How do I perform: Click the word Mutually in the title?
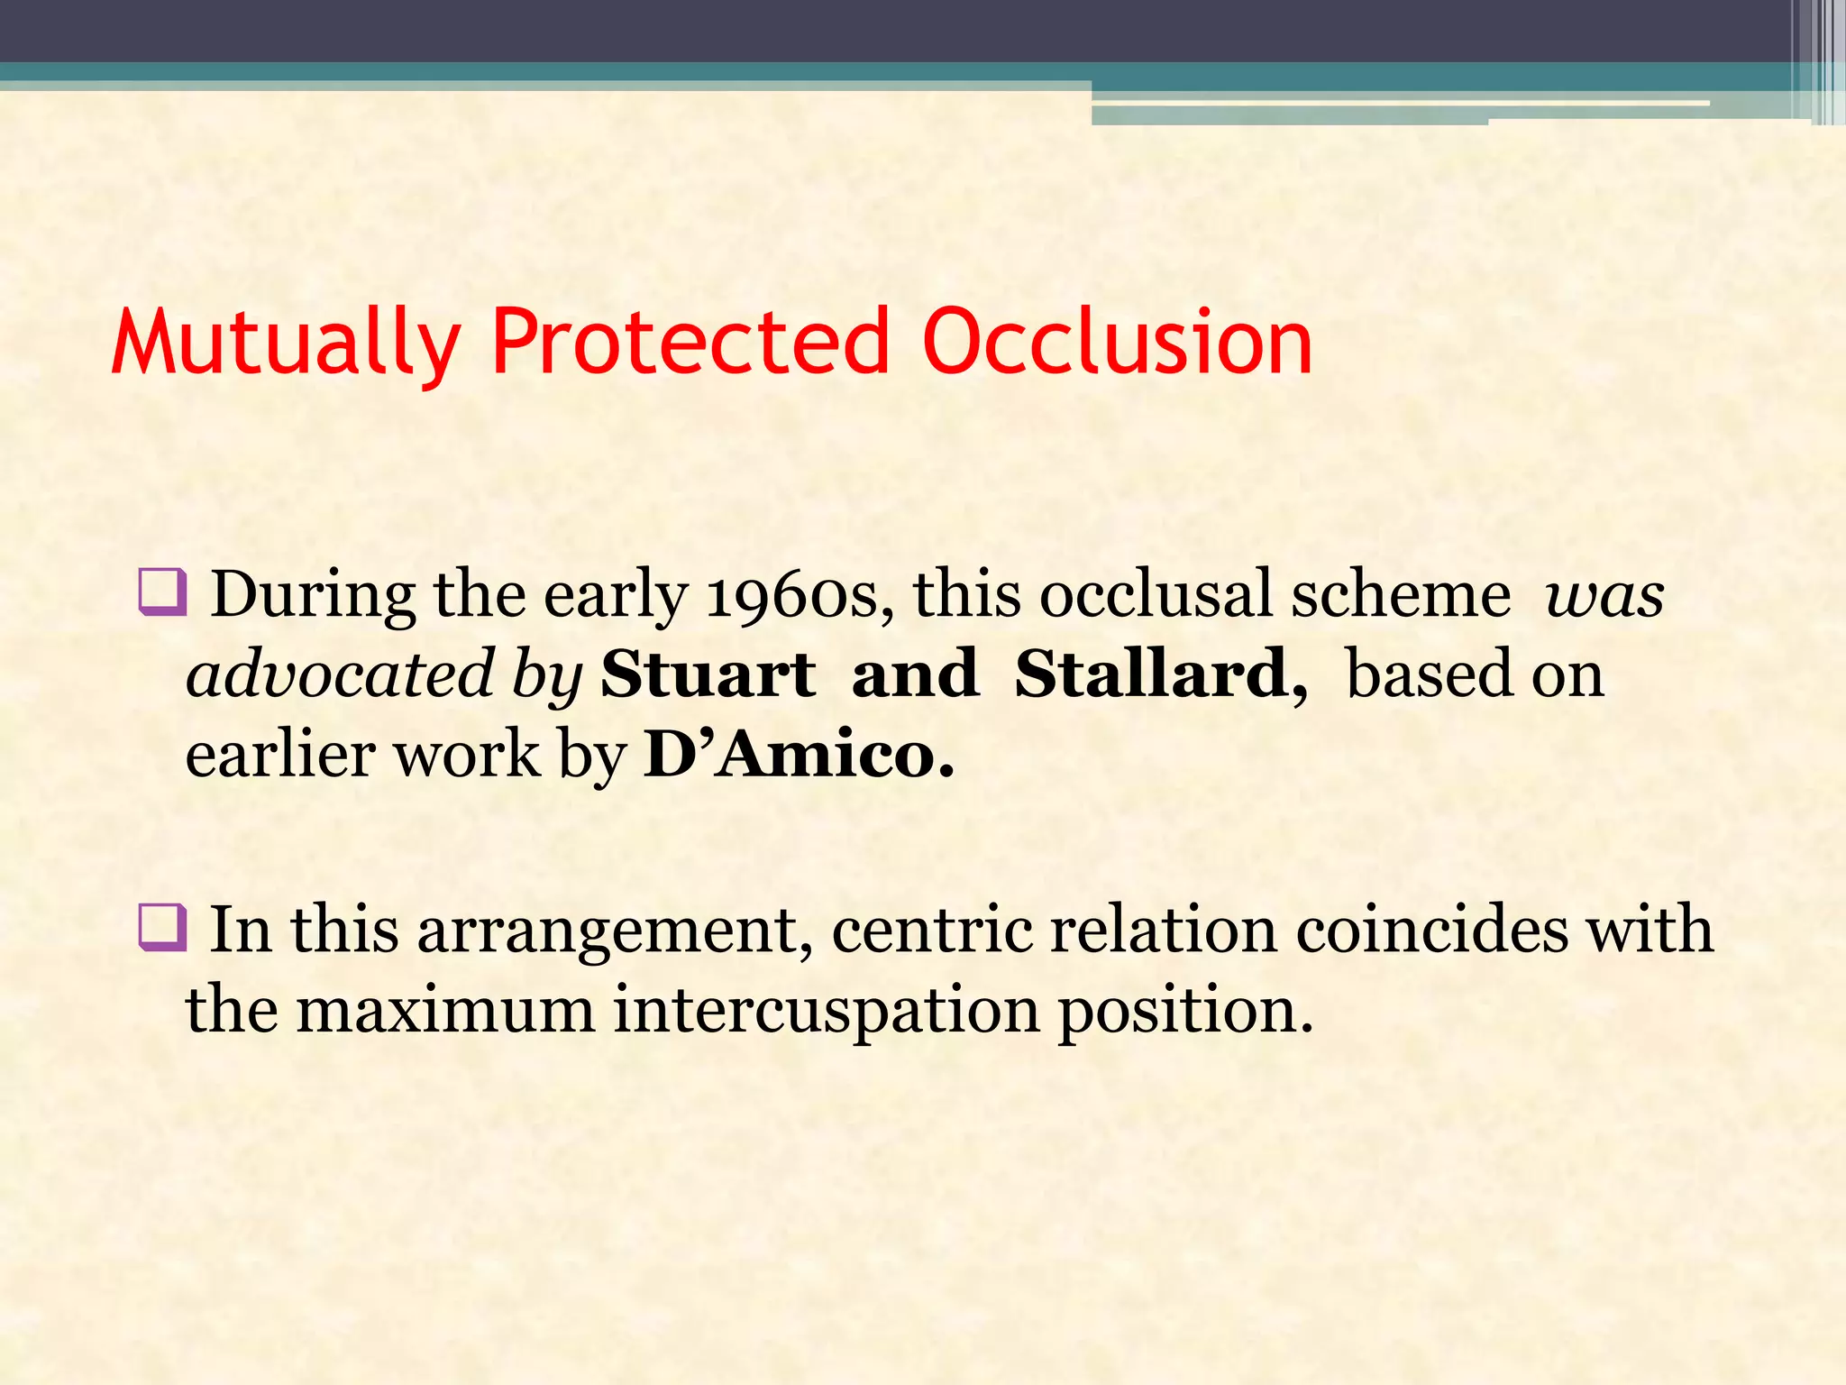286,342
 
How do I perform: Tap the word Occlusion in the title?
1117,342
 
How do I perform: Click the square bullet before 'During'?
162,592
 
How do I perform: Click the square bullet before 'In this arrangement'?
162,928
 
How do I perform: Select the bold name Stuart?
708,674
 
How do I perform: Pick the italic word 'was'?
1604,595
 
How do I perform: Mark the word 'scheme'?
1401,595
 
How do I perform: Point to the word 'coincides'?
1431,930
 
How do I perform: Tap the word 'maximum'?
445,1010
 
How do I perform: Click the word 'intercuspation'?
827,1010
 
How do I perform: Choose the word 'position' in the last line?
1184,1010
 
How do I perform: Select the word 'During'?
312,595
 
